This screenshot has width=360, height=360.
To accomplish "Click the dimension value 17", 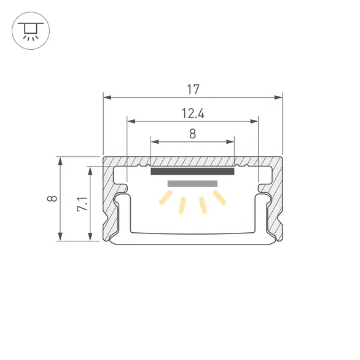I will pyautogui.click(x=192, y=89).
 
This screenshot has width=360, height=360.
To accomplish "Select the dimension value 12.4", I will pyautogui.click(x=192, y=113).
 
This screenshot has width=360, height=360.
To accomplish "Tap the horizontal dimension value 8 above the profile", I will pyautogui.click(x=192, y=133).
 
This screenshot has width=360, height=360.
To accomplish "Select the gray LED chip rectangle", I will pyautogui.click(x=192, y=184).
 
